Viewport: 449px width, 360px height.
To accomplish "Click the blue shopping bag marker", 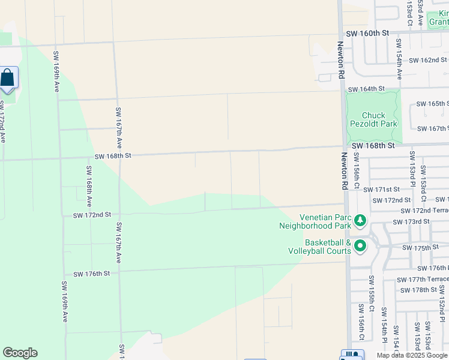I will click(8, 78).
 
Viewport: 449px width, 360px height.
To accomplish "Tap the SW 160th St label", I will click(366, 34).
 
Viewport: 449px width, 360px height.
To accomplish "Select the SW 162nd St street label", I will click(427, 61).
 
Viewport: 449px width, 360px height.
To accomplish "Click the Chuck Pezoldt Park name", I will click(372, 119).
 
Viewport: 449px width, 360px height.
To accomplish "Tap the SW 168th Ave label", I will click(89, 187).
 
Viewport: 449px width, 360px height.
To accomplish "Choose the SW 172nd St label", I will click(92, 215).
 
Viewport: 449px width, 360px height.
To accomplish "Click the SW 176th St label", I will click(92, 274).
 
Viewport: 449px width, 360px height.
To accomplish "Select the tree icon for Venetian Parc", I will click(360, 221).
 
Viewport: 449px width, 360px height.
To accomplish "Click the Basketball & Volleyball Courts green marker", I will click(360, 246).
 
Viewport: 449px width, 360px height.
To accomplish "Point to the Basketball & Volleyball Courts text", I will click(319, 247).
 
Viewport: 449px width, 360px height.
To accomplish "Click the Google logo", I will click(20, 353).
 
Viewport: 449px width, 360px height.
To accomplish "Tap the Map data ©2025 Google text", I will click(412, 355).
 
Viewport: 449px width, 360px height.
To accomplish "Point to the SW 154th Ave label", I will click(399, 59).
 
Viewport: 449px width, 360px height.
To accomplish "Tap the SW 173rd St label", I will click(411, 222).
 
